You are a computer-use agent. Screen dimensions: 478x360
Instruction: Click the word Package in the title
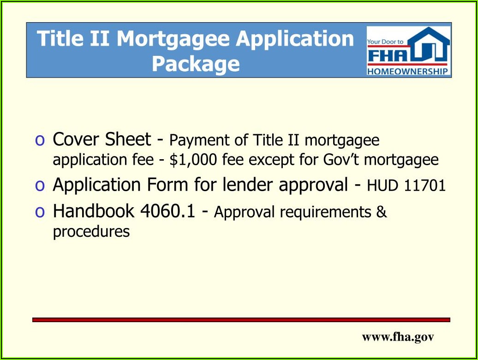[x=196, y=64]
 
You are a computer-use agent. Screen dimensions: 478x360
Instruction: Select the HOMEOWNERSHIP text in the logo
[x=407, y=72]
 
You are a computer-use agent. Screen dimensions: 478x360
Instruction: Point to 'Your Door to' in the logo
[x=385, y=42]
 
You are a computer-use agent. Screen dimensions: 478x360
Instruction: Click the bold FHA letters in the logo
[x=387, y=55]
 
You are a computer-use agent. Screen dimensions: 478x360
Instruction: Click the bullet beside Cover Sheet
[x=40, y=140]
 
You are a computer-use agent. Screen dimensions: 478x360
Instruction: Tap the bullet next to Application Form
[x=40, y=186]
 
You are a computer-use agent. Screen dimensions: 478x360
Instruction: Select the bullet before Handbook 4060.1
[x=40, y=212]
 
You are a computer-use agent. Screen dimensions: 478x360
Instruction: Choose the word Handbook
[x=94, y=210]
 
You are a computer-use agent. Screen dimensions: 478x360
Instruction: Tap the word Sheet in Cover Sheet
[x=128, y=139]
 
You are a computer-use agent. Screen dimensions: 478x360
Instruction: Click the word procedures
[x=91, y=232]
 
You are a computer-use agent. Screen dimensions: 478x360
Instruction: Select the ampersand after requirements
[x=382, y=212]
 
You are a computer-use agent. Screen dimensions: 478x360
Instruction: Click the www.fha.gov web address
[x=398, y=337]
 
